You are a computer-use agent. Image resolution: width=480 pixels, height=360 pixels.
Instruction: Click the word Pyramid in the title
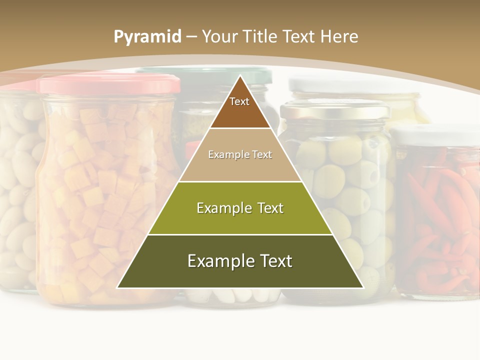(147, 37)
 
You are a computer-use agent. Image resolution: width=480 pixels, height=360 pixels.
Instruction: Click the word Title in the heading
(260, 37)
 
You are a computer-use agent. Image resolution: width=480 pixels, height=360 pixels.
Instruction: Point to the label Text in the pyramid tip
(239, 101)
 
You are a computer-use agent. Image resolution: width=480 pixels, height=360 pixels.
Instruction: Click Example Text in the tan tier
(240, 154)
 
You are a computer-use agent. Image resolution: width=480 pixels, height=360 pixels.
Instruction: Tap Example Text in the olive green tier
(240, 208)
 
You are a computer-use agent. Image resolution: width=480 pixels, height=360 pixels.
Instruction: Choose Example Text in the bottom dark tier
(240, 261)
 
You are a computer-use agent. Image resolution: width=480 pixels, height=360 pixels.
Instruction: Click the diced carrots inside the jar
(100, 200)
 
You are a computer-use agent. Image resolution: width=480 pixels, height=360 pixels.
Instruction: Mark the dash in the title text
(191, 37)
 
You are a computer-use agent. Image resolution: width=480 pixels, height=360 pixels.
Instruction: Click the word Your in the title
(219, 37)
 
